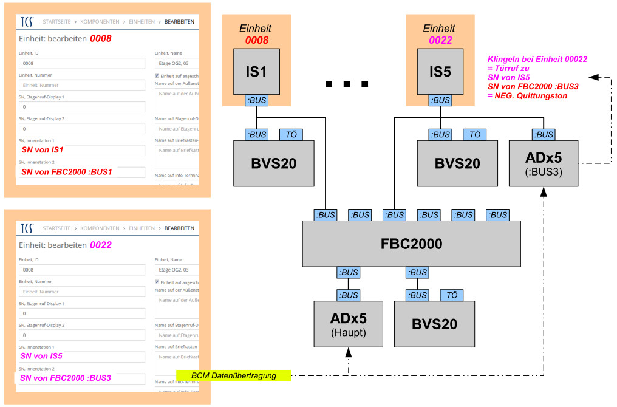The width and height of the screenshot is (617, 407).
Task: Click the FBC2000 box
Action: (412, 244)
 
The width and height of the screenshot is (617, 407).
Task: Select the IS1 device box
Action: (256, 71)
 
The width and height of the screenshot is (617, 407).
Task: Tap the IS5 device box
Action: (440, 71)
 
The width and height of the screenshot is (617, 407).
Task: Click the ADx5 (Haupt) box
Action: (349, 323)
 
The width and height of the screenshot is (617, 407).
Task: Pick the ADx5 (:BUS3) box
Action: (544, 163)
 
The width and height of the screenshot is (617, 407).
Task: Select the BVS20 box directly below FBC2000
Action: (434, 323)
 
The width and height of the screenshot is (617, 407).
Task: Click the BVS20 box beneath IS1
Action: (273, 163)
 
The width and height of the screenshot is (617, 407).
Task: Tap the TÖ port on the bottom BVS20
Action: (451, 295)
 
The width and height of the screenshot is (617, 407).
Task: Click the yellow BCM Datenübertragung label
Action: (234, 376)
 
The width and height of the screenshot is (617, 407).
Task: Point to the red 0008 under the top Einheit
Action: (256, 40)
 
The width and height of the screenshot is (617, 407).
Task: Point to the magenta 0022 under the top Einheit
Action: (440, 40)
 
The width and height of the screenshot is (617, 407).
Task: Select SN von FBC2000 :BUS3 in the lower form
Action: (66, 378)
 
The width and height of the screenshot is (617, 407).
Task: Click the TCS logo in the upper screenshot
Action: (27, 22)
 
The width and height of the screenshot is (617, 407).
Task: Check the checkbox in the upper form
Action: (157, 75)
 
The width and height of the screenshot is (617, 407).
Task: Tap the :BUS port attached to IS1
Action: (256, 100)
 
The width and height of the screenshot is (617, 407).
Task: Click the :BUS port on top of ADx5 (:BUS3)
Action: (544, 134)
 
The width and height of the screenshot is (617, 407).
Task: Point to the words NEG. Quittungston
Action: (527, 95)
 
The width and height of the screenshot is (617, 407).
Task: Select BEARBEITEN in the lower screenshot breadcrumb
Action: (179, 228)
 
